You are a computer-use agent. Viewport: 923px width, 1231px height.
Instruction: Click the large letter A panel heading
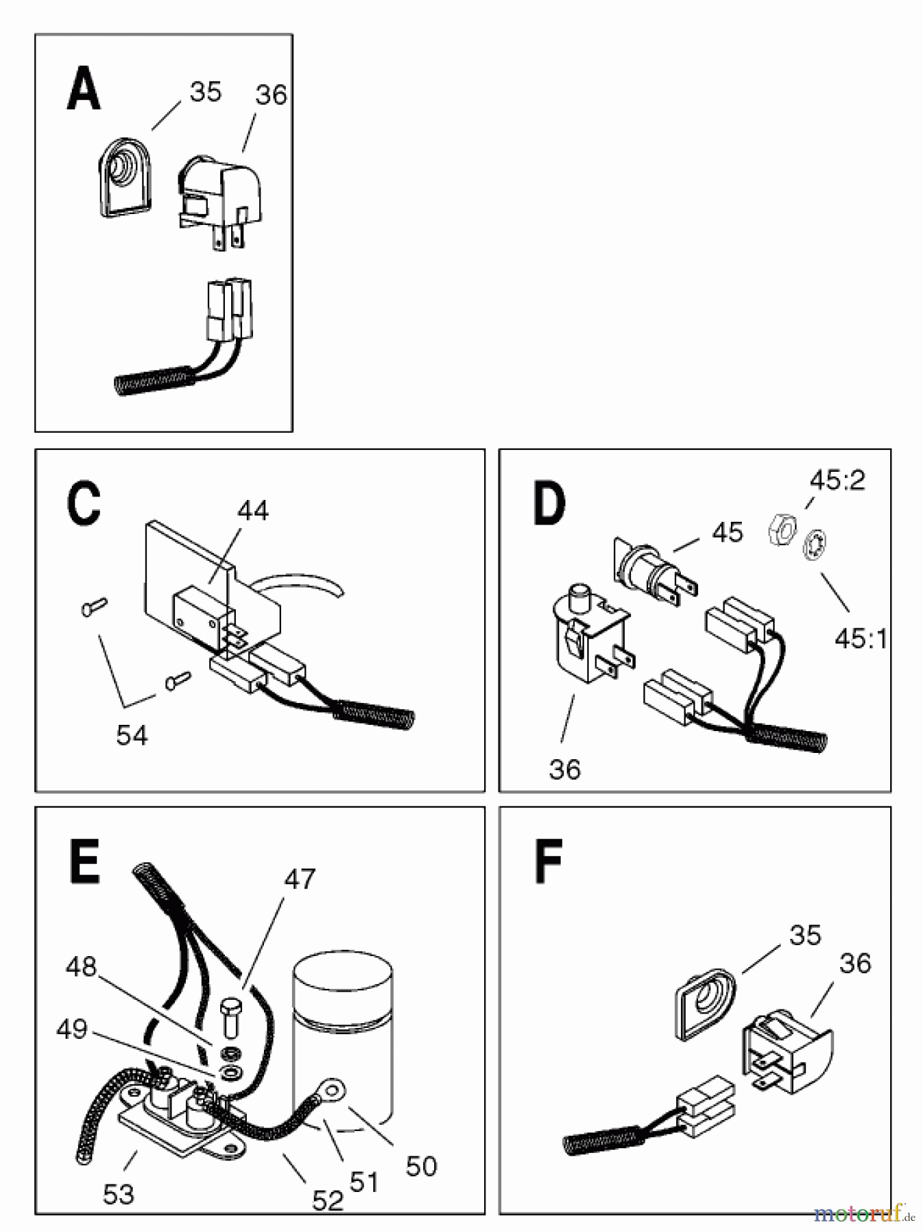(84, 90)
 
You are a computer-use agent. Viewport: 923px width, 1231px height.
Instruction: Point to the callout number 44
(253, 510)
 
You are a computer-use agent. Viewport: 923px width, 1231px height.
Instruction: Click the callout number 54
(132, 735)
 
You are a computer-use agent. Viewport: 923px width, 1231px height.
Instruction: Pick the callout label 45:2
(837, 480)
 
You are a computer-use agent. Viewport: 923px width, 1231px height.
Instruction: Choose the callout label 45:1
(861, 639)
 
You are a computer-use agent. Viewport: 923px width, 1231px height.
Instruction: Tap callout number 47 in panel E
(299, 879)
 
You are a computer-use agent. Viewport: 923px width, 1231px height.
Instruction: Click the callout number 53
(118, 1194)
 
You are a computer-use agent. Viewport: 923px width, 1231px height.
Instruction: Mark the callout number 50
(421, 1166)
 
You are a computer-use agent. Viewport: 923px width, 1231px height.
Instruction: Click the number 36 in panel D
(565, 769)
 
